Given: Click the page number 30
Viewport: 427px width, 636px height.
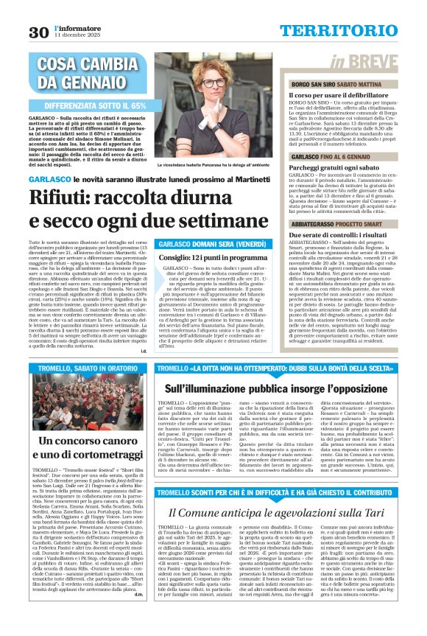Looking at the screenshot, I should click(38, 32).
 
